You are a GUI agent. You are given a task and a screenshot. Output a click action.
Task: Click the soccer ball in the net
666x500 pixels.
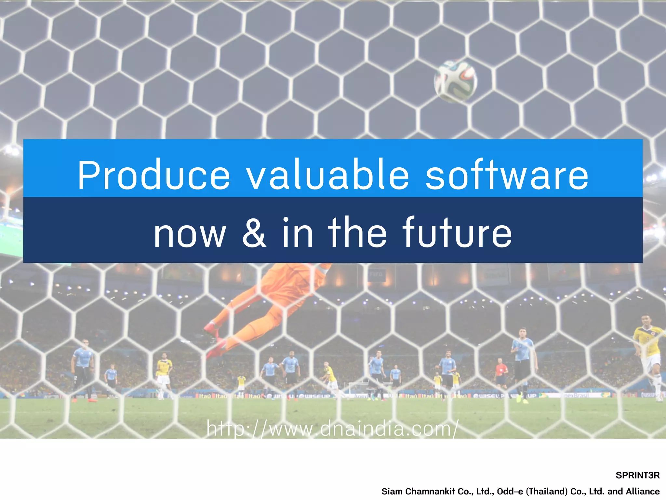(x=456, y=81)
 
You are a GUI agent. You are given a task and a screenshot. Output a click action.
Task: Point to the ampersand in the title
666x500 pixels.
(x=254, y=233)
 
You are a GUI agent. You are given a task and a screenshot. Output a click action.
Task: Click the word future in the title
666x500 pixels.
(x=457, y=233)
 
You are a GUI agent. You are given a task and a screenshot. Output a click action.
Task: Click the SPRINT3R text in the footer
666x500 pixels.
(x=637, y=475)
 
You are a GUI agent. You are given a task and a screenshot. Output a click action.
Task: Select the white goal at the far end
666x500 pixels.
(x=358, y=387)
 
